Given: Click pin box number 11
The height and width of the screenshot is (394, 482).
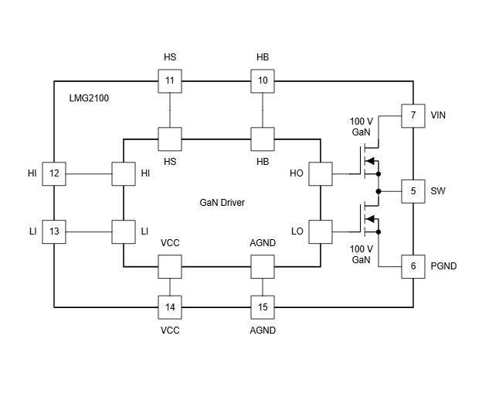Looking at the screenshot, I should [170, 81].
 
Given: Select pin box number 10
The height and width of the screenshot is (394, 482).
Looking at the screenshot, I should [263, 81].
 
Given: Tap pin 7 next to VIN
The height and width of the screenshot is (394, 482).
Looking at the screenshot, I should [412, 115].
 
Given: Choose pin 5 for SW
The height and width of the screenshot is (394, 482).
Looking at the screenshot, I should [412, 190].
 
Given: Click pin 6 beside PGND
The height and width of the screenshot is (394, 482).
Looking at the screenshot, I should [412, 266].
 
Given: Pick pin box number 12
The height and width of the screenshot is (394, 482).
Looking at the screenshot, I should [53, 173].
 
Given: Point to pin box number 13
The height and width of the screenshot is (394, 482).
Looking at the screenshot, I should [53, 231].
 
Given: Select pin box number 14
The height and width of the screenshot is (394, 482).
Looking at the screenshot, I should [170, 307].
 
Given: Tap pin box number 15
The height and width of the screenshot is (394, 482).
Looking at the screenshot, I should [263, 307].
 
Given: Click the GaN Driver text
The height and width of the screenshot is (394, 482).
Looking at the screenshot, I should [222, 202].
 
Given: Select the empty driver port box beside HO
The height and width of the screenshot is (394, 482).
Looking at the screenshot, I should [320, 173].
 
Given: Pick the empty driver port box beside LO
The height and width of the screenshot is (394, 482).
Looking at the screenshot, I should [320, 231].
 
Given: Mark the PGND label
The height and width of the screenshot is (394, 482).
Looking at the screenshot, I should [443, 266].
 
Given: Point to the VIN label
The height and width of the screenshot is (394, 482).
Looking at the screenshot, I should [439, 115].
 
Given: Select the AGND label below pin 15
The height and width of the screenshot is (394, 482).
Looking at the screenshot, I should [263, 330].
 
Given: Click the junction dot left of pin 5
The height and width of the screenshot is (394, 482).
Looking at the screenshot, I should [378, 190].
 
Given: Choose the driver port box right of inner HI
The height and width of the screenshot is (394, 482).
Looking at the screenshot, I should [124, 173].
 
